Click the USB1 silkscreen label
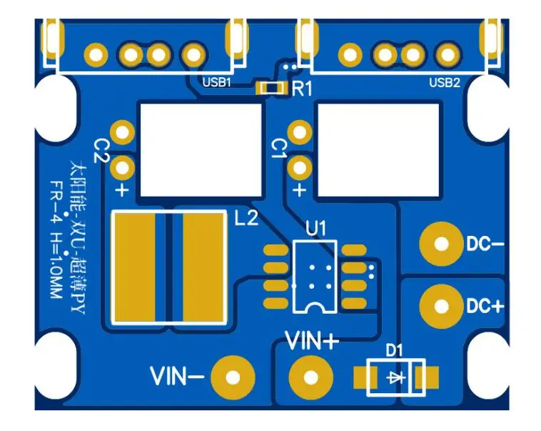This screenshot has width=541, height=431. pyautogui.click(x=217, y=82)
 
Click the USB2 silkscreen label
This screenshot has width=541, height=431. pyautogui.click(x=444, y=82)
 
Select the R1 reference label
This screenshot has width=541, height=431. pyautogui.click(x=303, y=89)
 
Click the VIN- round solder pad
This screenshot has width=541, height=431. pyautogui.click(x=233, y=377)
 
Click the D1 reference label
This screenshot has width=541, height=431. pyautogui.click(x=395, y=350)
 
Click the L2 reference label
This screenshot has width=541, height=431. pyautogui.click(x=246, y=219)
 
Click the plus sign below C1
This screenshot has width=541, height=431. pyautogui.click(x=300, y=190)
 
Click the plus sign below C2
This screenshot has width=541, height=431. pyautogui.click(x=122, y=190)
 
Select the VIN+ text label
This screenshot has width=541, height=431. pyautogui.click(x=312, y=341)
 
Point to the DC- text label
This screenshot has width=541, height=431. pyautogui.click(x=485, y=244)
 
